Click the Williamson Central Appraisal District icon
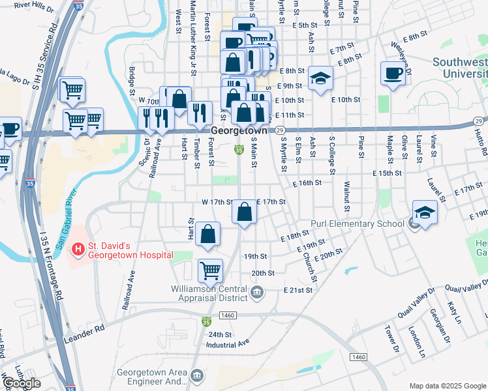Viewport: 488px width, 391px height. [x=258, y=291]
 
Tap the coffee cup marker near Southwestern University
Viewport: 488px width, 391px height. [x=393, y=73]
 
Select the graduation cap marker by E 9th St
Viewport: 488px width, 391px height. [x=320, y=79]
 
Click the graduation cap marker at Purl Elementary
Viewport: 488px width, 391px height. [x=425, y=212]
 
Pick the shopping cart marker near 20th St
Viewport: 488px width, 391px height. [x=210, y=268]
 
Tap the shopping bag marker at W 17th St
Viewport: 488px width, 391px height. [x=244, y=211]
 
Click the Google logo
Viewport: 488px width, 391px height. [x=22, y=383]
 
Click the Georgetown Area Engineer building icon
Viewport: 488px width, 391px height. [x=196, y=375]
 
